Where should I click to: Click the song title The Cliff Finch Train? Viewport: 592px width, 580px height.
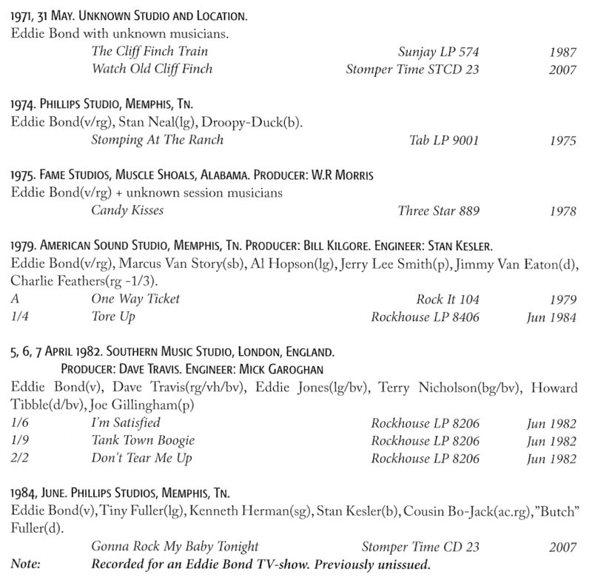pyautogui.click(x=149, y=51)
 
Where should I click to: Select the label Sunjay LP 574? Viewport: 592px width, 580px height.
pyautogui.click(x=438, y=51)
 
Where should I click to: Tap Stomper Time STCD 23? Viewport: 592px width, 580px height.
pyautogui.click(x=412, y=69)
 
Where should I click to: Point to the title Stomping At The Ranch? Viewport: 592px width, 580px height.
pyautogui.click(x=157, y=139)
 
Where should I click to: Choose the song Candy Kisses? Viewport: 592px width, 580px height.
pyautogui.click(x=127, y=210)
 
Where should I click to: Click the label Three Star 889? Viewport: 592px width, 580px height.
pyautogui.click(x=438, y=210)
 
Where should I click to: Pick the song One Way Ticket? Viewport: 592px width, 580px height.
pyautogui.click(x=135, y=299)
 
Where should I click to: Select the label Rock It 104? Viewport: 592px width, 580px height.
pyautogui.click(x=448, y=299)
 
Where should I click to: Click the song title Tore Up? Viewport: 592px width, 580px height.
pyautogui.click(x=113, y=317)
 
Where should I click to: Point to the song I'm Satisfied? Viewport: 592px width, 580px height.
pyautogui.click(x=125, y=422)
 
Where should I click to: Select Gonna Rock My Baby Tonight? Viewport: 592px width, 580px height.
pyautogui.click(x=175, y=547)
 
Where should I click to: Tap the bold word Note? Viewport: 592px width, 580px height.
pyautogui.click(x=26, y=564)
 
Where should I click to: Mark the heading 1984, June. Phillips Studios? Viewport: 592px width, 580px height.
pyautogui.click(x=121, y=493)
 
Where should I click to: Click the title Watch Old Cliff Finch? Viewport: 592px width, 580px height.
pyautogui.click(x=152, y=69)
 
